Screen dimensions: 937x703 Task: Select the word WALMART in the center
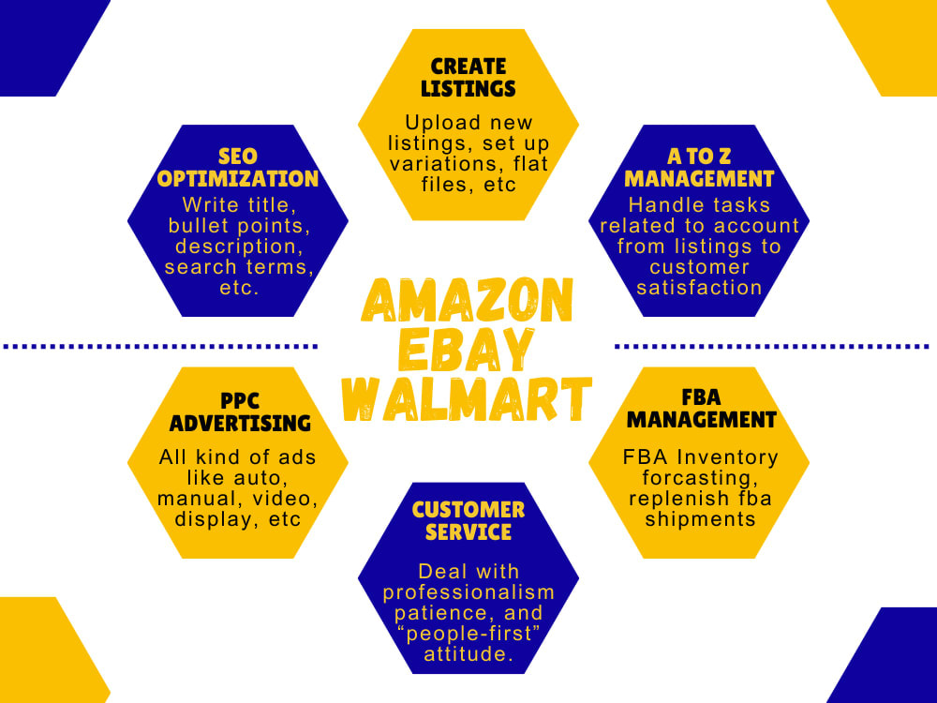pyautogui.click(x=467, y=399)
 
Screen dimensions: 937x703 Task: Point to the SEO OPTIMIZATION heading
pyautogui.click(x=237, y=166)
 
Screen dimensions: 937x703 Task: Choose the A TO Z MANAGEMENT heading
pyautogui.click(x=699, y=166)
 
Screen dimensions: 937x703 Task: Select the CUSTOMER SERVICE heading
pyautogui.click(x=468, y=520)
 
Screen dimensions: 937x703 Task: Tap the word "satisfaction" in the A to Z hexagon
pyautogui.click(x=699, y=288)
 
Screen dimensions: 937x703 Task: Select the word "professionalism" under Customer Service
pyautogui.click(x=468, y=591)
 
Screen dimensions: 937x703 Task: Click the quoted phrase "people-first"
pyautogui.click(x=468, y=635)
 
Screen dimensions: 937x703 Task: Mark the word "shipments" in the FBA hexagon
pyautogui.click(x=700, y=518)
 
